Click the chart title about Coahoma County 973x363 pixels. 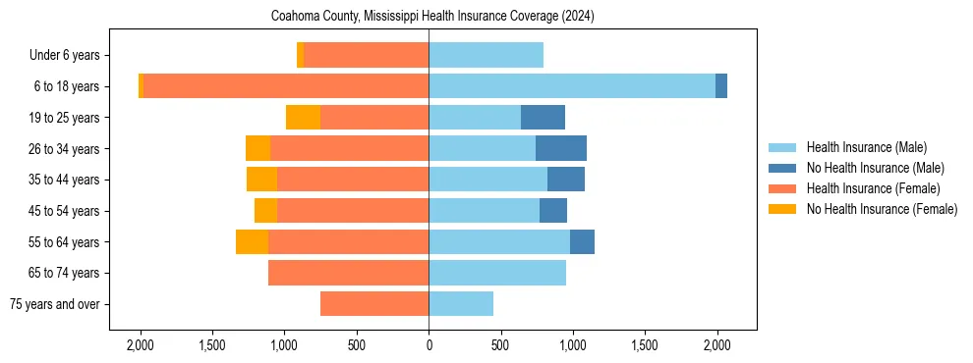(x=432, y=17)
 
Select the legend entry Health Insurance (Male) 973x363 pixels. (x=866, y=147)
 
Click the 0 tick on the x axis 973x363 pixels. (x=429, y=345)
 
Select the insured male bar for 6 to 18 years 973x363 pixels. (x=572, y=86)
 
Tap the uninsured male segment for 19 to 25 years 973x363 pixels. (x=543, y=118)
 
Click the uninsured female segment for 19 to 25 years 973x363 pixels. (x=304, y=118)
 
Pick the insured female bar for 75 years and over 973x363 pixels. (x=374, y=304)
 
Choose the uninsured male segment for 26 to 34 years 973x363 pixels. (x=561, y=148)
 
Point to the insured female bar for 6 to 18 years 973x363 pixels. (x=286, y=86)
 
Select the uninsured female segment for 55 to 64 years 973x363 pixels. (x=252, y=241)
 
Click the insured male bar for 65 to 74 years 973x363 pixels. (x=497, y=273)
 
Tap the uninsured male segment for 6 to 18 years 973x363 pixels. (x=721, y=86)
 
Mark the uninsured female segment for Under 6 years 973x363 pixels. (x=300, y=55)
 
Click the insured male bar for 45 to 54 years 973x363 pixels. (x=484, y=211)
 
